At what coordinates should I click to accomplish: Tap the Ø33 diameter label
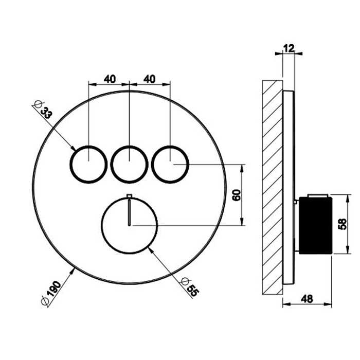43,110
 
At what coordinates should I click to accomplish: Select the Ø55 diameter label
189,287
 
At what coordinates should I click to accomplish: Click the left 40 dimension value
110,79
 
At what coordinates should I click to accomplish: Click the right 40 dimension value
150,79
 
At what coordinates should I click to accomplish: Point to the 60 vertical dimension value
237,195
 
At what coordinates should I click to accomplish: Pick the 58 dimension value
343,224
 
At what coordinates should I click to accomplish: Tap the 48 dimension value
307,299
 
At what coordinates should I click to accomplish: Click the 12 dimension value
289,48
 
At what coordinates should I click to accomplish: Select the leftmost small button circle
88,165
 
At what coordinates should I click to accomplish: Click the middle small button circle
129,165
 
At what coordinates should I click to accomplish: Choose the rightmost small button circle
170,165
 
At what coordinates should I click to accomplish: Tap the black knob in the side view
315,225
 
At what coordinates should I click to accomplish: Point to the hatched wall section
272,187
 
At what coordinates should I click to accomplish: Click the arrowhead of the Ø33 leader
74,148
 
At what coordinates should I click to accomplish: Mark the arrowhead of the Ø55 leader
151,249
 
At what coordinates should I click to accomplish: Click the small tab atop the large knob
129,195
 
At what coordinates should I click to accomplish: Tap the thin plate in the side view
289,188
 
